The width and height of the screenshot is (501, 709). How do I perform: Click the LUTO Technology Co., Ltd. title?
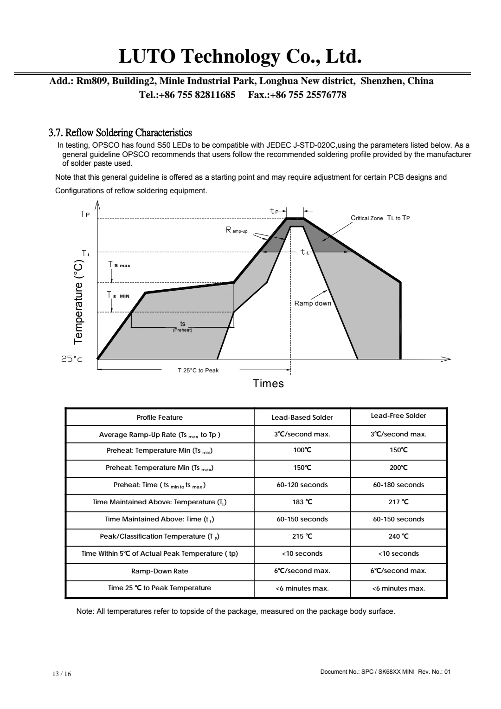(x=240, y=57)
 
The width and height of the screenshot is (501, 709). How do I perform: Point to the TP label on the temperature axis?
(x=85, y=214)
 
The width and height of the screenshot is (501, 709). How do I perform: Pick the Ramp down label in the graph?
(x=313, y=304)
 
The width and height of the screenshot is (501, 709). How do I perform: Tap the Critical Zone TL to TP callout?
(x=380, y=218)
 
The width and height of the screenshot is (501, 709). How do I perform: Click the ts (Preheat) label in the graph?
(x=183, y=326)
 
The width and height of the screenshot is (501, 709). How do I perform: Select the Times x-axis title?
(x=268, y=384)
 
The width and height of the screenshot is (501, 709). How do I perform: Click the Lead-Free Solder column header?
(x=398, y=416)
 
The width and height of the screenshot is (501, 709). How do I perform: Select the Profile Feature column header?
(x=160, y=417)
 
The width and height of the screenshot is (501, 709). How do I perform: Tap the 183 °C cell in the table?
(x=302, y=502)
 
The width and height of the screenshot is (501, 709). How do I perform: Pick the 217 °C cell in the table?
(x=398, y=502)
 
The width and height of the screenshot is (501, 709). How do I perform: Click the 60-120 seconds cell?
(x=302, y=485)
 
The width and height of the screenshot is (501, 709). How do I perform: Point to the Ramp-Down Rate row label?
(x=160, y=571)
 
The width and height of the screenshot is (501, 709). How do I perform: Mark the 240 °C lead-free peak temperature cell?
(x=398, y=536)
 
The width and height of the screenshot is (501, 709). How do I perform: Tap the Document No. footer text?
(x=385, y=671)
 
